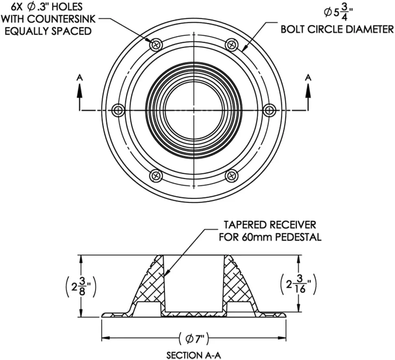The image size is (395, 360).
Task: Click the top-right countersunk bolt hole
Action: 232,45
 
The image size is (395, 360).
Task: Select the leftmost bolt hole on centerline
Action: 118,110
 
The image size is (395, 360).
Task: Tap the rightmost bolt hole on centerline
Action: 269,110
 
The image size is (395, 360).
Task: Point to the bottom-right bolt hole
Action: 232,175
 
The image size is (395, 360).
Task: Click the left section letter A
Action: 79,78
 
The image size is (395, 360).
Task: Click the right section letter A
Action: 308,78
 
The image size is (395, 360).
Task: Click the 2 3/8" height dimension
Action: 81,287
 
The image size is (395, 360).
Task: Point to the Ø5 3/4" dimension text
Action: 338,13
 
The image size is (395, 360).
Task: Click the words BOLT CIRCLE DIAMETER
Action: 337,29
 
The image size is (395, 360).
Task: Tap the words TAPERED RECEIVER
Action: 270,225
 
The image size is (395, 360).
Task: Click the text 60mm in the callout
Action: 254,237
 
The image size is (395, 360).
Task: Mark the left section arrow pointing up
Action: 79,97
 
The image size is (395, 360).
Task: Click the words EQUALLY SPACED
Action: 48,31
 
